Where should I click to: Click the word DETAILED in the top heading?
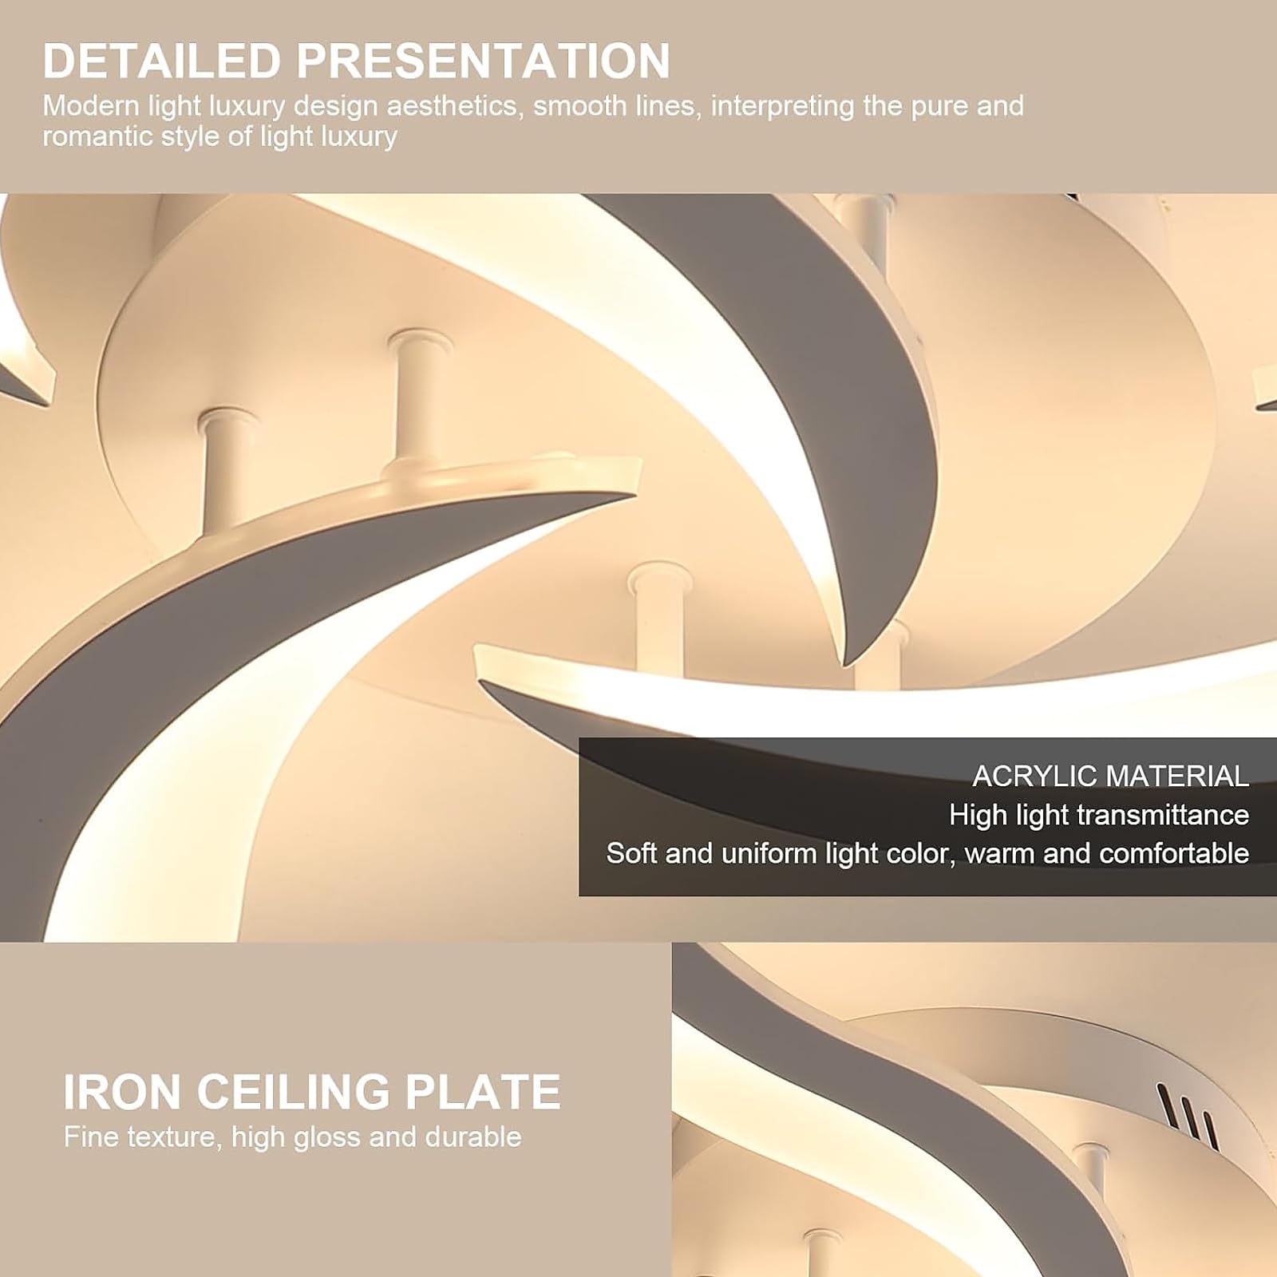tap(161, 61)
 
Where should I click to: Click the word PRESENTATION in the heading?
tap(483, 61)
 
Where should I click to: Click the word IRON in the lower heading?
tap(122, 1091)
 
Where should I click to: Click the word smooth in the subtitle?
tap(580, 106)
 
